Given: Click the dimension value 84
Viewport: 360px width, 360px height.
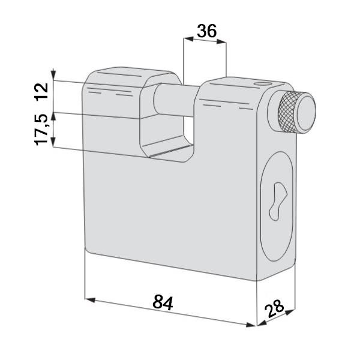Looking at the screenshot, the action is [x=163, y=303].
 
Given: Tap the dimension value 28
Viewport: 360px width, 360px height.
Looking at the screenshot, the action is [x=274, y=308].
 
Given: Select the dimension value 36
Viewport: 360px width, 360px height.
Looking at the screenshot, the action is [x=206, y=31].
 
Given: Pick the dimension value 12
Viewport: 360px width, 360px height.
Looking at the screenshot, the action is [x=41, y=91].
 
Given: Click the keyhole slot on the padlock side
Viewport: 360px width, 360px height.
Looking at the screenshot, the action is [x=278, y=201].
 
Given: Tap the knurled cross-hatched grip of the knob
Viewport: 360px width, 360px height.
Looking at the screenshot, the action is [x=287, y=111].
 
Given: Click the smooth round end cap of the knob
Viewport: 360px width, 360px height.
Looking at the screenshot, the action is [x=305, y=113].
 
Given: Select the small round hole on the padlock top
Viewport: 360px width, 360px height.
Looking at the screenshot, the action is [x=262, y=83].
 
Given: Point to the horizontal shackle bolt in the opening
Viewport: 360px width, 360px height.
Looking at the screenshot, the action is [x=175, y=100].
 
